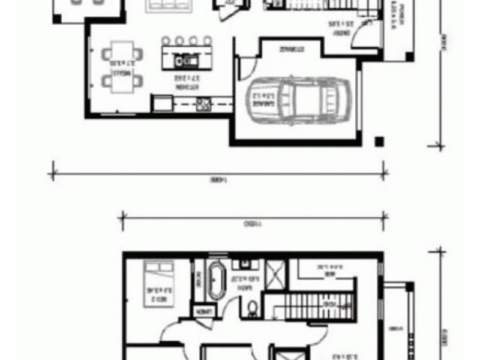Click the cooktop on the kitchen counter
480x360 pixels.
point(203,104)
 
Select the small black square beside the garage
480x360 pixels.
point(379,142)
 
